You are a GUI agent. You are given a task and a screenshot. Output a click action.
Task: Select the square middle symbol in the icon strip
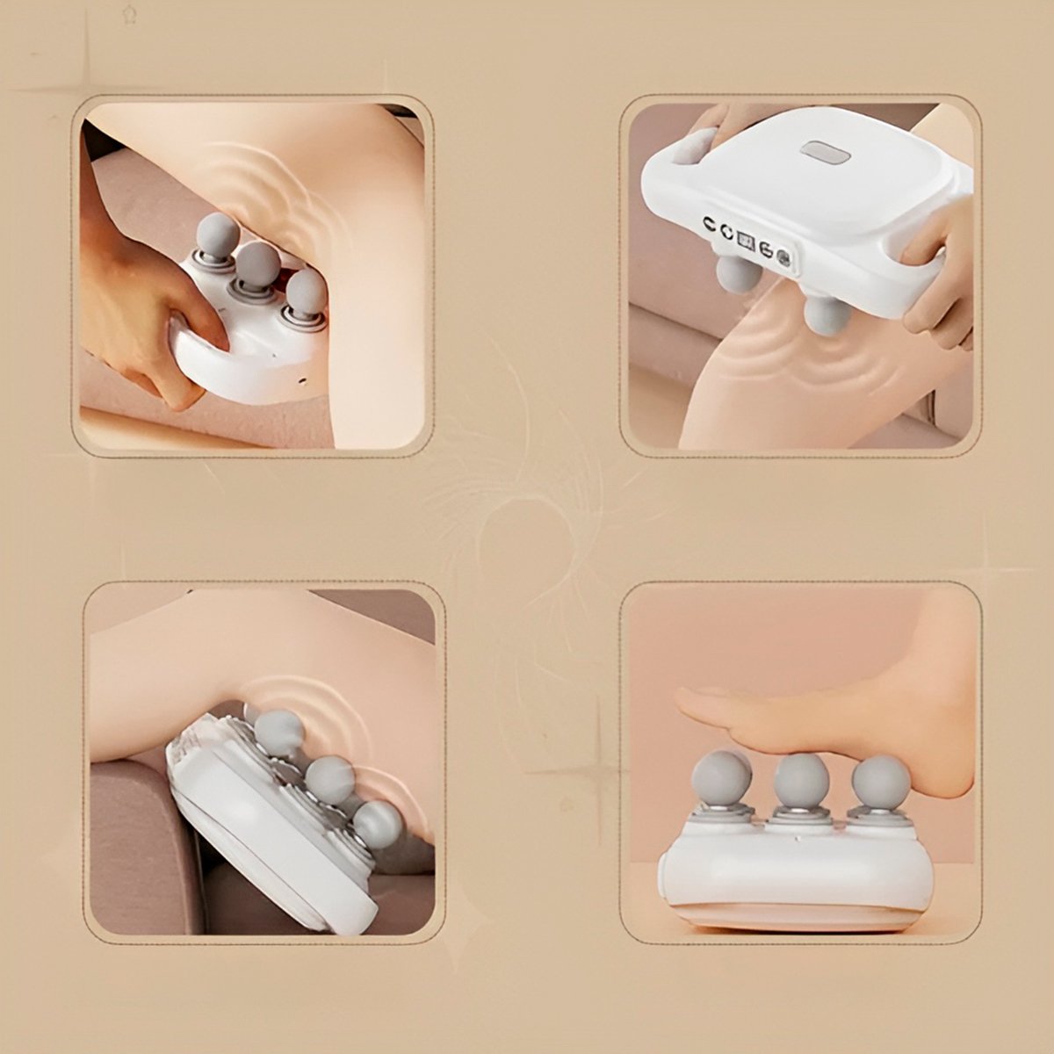click(x=746, y=239)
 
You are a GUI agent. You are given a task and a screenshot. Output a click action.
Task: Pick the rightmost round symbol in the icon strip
click(x=783, y=258)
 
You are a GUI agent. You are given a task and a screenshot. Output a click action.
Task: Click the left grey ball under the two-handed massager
click(x=738, y=275)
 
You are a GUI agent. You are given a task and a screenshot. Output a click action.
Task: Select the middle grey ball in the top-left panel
click(x=257, y=263)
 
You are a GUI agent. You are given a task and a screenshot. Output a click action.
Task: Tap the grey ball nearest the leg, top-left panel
click(x=307, y=292)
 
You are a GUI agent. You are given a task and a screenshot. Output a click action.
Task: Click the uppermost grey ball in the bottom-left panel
click(x=278, y=733)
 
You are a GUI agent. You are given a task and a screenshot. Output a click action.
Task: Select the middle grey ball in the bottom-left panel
click(x=330, y=777)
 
